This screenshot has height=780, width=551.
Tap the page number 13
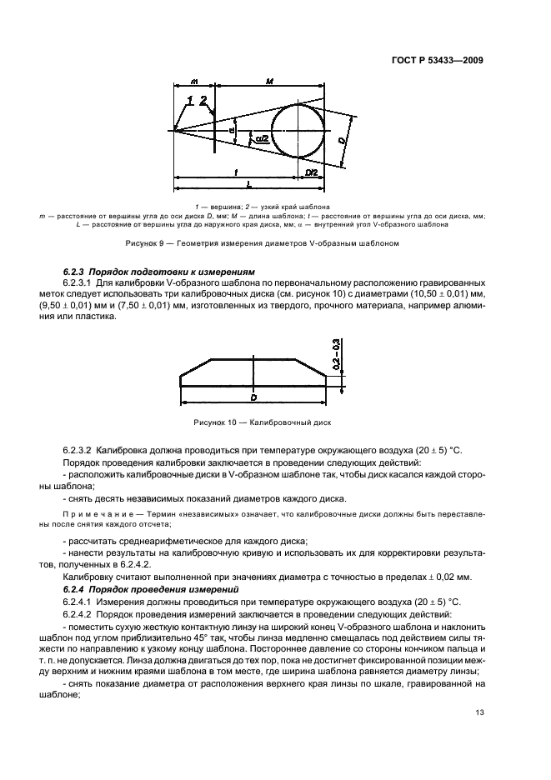(x=478, y=712)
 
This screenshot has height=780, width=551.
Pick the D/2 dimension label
(x=311, y=172)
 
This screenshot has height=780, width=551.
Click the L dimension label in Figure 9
(x=251, y=187)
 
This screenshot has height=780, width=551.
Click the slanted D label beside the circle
(x=342, y=142)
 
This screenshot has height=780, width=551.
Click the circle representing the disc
(x=299, y=128)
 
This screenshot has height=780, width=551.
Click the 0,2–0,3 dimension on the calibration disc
(x=335, y=355)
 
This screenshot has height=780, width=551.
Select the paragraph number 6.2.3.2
(x=82, y=450)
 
